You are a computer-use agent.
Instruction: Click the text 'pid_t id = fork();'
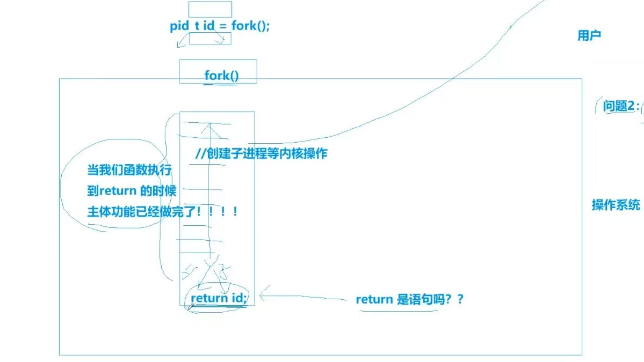click(x=220, y=26)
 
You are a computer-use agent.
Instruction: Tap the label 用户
click(x=589, y=36)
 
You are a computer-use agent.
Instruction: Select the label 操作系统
click(x=616, y=205)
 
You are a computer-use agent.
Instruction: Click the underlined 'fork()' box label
click(x=221, y=76)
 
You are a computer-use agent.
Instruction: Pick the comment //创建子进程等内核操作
click(x=261, y=154)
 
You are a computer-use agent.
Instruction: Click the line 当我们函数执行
click(x=129, y=171)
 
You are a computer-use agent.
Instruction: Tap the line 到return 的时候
click(x=132, y=190)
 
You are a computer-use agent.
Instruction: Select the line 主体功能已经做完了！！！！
click(x=162, y=212)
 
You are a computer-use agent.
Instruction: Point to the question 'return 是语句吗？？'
click(x=409, y=299)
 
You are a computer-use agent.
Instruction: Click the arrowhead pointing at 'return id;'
click(x=262, y=294)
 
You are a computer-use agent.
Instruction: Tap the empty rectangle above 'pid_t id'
click(x=210, y=9)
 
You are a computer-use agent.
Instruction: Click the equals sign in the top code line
click(x=223, y=26)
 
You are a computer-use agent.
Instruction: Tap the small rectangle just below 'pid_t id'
click(x=210, y=39)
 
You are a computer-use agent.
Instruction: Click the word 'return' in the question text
click(x=374, y=299)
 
